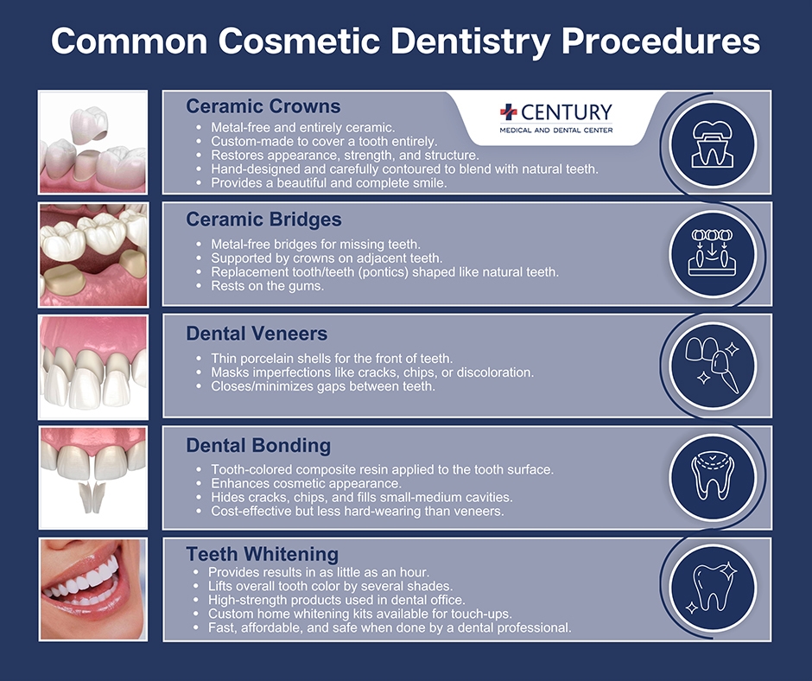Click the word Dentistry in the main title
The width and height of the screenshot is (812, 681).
click(x=469, y=41)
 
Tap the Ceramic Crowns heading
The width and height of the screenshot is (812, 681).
click(x=263, y=106)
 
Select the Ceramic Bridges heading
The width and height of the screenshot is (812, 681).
click(x=263, y=220)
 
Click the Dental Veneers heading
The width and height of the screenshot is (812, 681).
click(x=257, y=334)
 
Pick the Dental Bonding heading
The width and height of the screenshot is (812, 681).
click(x=258, y=445)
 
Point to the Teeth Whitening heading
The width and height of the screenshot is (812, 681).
click(x=262, y=554)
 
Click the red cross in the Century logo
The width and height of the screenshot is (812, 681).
click(x=509, y=111)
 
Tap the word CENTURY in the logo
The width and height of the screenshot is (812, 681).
click(x=567, y=112)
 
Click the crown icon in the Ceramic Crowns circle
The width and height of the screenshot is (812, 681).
click(x=713, y=144)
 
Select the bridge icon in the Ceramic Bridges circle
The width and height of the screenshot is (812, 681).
click(x=712, y=253)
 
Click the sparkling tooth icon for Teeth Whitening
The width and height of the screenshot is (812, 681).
click(x=713, y=587)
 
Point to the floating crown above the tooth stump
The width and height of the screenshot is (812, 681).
click(x=89, y=124)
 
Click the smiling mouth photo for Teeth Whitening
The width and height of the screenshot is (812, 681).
click(x=92, y=589)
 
